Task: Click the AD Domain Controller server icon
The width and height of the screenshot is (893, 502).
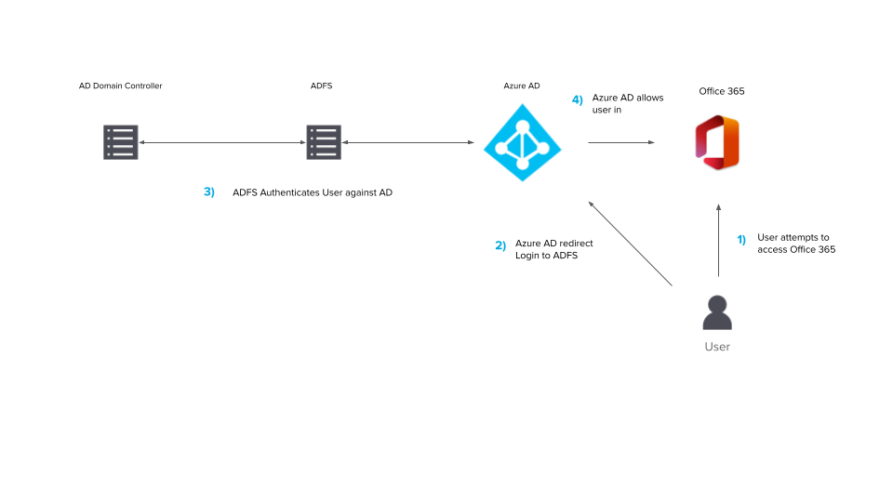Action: point(121,142)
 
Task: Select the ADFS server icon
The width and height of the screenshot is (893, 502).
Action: point(322,142)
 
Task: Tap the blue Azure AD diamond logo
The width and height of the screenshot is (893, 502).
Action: point(522,142)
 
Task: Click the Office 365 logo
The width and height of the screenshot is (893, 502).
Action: point(717,142)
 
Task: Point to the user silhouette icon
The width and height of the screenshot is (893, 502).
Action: point(717,312)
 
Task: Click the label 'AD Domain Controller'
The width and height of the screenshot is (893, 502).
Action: point(121,86)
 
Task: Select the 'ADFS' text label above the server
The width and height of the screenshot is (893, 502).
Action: point(321,86)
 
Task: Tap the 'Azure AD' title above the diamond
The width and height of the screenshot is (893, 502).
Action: point(522,86)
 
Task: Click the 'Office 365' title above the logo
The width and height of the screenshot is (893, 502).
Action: point(722,91)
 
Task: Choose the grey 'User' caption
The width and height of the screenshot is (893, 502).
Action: point(717,347)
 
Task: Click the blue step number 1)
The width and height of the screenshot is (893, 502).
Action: point(741,239)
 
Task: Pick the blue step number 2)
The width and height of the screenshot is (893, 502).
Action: point(500,245)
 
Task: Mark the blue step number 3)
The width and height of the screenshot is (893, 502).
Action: point(209,192)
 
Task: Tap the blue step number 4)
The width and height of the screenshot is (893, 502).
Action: point(578,99)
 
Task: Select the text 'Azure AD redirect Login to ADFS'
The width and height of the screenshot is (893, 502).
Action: point(554,249)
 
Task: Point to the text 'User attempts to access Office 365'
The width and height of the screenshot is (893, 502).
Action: point(796,244)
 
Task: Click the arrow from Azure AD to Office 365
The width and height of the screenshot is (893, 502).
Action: point(620,142)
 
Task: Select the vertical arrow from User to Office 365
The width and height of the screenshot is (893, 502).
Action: point(718,242)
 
